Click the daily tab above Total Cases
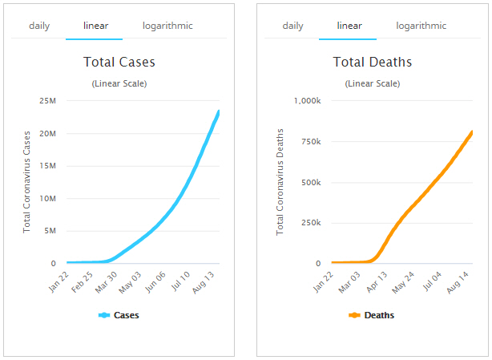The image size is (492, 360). [x=39, y=26]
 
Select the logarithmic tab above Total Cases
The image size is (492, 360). [x=167, y=26]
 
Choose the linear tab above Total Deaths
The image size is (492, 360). [x=349, y=26]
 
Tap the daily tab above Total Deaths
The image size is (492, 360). [x=293, y=26]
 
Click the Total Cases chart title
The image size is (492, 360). [x=119, y=62]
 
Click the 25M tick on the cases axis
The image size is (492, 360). [x=46, y=101]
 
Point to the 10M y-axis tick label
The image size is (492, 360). [x=46, y=198]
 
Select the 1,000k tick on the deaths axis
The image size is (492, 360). [x=307, y=101]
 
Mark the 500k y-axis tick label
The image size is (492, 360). [x=310, y=182]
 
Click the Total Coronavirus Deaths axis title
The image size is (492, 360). [x=280, y=181]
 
